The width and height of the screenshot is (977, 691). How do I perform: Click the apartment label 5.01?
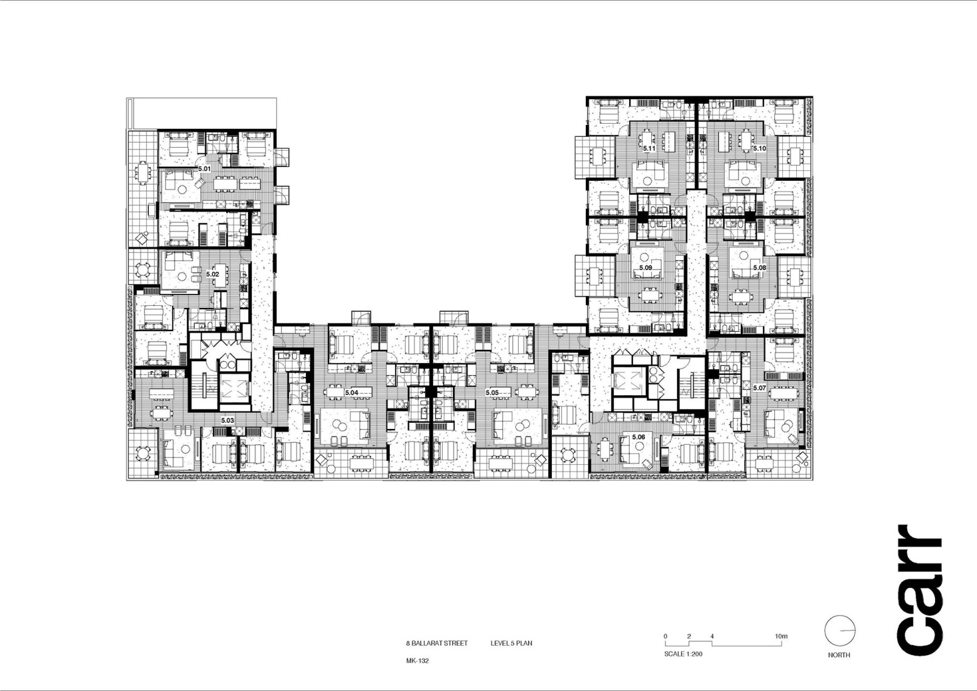(x=204, y=169)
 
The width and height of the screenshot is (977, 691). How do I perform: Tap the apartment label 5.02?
(x=212, y=274)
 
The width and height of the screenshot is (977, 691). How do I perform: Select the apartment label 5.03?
(x=227, y=420)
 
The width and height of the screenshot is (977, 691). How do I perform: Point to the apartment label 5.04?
(x=351, y=393)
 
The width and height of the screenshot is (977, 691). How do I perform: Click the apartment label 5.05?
(x=492, y=393)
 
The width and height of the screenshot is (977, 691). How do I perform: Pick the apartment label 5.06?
(x=639, y=437)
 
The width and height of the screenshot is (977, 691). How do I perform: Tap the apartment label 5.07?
(x=759, y=388)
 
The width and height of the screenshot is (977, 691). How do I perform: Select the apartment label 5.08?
(x=759, y=268)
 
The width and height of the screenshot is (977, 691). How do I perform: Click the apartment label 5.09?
(x=645, y=268)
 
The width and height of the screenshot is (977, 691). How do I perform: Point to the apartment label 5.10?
(x=759, y=149)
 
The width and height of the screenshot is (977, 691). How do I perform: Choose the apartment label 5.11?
(x=649, y=149)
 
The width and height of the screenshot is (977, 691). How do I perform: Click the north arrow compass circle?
(x=839, y=630)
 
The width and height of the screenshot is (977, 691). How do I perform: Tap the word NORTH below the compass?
(x=839, y=655)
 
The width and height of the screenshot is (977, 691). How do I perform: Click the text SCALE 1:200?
(x=683, y=654)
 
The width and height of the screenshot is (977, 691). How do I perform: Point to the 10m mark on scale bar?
(x=780, y=636)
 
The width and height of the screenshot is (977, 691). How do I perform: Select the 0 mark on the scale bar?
(x=666, y=636)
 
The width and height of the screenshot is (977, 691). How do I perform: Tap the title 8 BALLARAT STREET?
(x=436, y=643)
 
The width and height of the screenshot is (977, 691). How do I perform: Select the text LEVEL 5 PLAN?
(x=511, y=643)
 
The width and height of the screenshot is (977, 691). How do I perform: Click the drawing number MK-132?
(x=417, y=661)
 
